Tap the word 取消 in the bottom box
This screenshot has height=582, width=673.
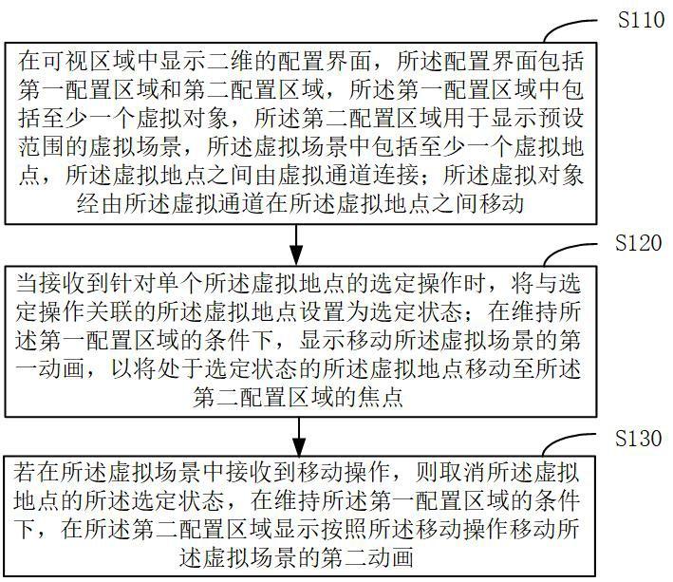click(425, 471)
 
